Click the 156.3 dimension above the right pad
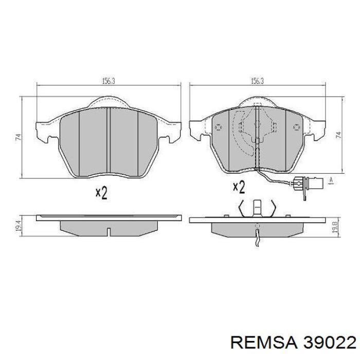point(257,81)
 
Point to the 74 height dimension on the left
point(19,137)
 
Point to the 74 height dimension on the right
point(338,135)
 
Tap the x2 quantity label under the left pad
point(101,193)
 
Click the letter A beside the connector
point(331,179)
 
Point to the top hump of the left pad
point(108,102)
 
